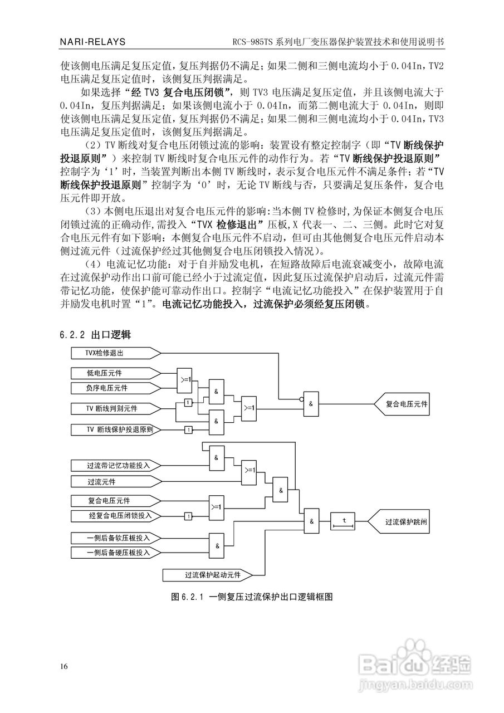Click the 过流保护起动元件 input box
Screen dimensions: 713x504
[x=206, y=574]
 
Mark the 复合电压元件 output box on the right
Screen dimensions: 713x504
[x=404, y=403]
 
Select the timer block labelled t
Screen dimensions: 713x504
[x=344, y=521]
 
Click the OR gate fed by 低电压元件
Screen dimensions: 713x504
[x=185, y=379]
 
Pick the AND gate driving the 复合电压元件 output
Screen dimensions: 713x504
[x=311, y=403]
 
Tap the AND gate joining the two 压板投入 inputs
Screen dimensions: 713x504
[x=217, y=545]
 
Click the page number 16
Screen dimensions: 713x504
[x=65, y=667]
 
